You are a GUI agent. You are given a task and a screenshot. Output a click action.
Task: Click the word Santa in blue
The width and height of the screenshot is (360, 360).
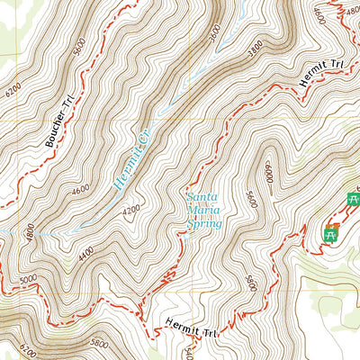(201, 195)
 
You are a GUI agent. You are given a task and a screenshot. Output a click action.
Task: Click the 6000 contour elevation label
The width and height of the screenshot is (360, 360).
(267, 170)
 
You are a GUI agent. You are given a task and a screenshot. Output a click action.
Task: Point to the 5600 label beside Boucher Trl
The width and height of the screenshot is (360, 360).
(81, 49)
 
